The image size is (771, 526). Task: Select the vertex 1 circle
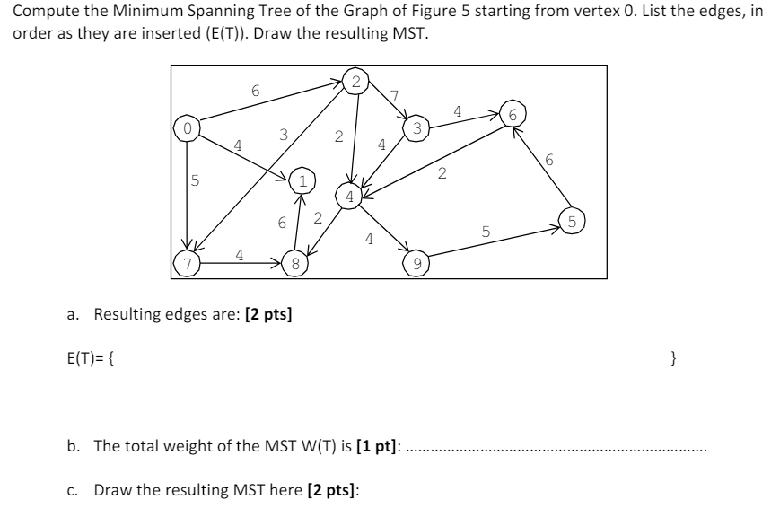(302, 180)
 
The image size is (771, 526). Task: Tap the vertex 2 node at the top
(356, 81)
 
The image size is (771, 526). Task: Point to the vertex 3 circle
(416, 129)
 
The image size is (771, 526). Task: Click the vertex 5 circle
(572, 220)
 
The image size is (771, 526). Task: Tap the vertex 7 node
(186, 264)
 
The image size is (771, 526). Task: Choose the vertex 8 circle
(294, 264)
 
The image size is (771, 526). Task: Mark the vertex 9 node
(416, 264)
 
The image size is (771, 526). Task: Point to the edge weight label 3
(284, 135)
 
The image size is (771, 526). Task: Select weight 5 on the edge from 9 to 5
(486, 232)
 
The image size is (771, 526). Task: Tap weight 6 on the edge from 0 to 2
(255, 91)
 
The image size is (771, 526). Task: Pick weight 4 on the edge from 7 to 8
(238, 254)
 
